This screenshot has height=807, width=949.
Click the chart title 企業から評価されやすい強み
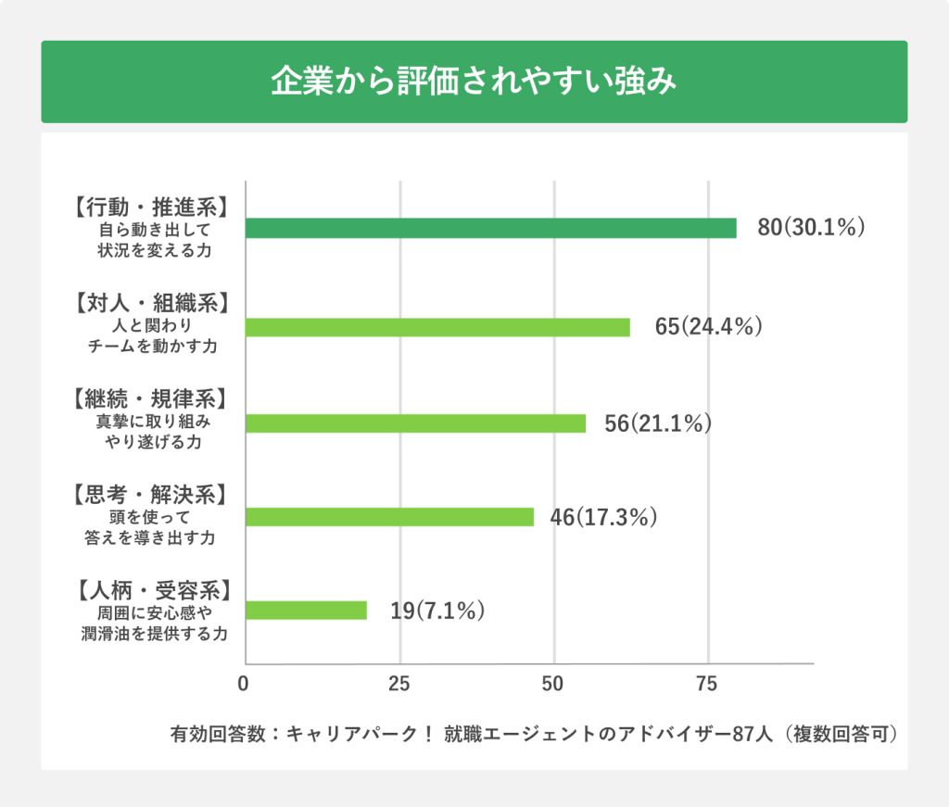click(x=474, y=82)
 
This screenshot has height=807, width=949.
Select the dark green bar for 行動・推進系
click(x=490, y=228)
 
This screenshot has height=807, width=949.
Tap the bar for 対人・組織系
click(x=437, y=327)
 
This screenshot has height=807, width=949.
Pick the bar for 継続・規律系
click(x=415, y=423)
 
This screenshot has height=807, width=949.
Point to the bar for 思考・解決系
click(x=389, y=517)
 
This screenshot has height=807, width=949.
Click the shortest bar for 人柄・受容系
click(x=306, y=611)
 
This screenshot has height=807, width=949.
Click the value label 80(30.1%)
click(x=811, y=228)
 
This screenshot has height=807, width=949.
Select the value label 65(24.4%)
click(x=708, y=327)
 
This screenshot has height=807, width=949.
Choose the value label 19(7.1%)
click(x=437, y=611)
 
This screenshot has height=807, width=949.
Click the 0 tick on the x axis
click(x=243, y=685)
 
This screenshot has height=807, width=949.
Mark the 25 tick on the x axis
click(x=399, y=685)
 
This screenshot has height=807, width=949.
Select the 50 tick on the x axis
click(x=553, y=685)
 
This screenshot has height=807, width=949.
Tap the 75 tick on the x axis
click(x=707, y=685)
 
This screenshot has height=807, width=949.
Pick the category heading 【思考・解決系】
click(x=149, y=494)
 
